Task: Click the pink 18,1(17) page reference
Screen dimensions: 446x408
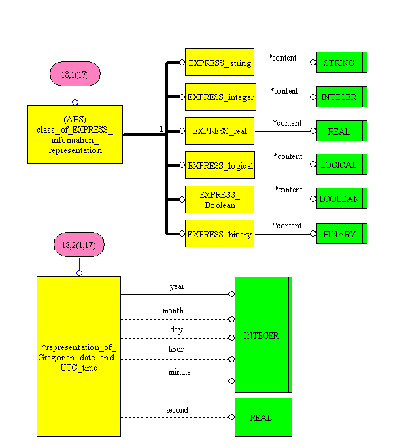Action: (x=75, y=74)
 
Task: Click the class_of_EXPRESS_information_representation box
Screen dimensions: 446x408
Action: (x=75, y=134)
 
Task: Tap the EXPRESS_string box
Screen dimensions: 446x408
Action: (x=219, y=63)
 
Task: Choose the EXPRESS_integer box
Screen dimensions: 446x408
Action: (x=219, y=97)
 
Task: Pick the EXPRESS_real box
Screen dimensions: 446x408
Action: (x=219, y=131)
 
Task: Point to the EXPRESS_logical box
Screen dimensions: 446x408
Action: (x=219, y=165)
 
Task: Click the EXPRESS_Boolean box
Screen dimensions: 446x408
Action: (x=219, y=199)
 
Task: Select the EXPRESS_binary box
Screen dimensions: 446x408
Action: (x=219, y=234)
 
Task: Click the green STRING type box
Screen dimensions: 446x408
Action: (x=341, y=63)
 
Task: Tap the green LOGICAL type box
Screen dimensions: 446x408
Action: (x=341, y=165)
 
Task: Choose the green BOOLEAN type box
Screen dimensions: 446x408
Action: (x=341, y=199)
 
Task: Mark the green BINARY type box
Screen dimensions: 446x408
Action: (x=341, y=234)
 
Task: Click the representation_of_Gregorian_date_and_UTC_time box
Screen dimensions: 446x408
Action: (x=78, y=358)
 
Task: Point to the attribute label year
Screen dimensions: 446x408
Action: (x=177, y=286)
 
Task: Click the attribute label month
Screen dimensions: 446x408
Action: (x=173, y=311)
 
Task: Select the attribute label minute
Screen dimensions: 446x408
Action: (x=180, y=372)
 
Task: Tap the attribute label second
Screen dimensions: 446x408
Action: (x=177, y=410)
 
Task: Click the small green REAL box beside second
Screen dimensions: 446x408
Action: (x=262, y=417)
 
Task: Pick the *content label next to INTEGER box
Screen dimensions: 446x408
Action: (x=284, y=90)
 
